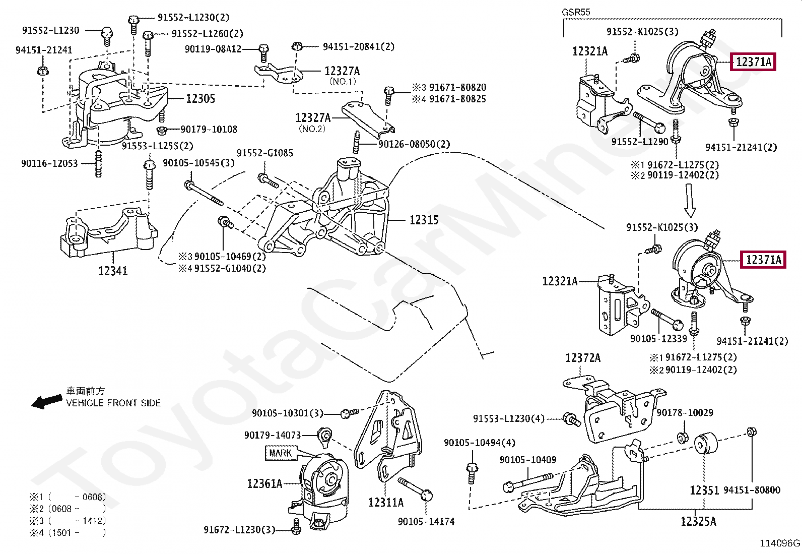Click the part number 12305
click(201, 99)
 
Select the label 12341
click(113, 271)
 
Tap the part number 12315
click(424, 220)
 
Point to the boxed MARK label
click(280, 453)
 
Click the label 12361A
click(264, 484)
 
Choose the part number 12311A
click(385, 503)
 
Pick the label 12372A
click(583, 358)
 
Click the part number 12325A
click(698, 522)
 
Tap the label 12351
click(704, 490)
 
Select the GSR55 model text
click(576, 12)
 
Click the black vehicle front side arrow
click(47, 401)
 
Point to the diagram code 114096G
click(780, 543)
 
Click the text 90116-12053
click(49, 163)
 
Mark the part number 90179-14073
click(272, 435)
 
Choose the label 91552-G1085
click(265, 153)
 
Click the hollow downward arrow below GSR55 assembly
click(690, 200)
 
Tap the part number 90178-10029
click(685, 413)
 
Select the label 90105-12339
click(658, 339)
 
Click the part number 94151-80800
click(752, 490)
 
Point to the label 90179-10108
click(209, 130)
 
